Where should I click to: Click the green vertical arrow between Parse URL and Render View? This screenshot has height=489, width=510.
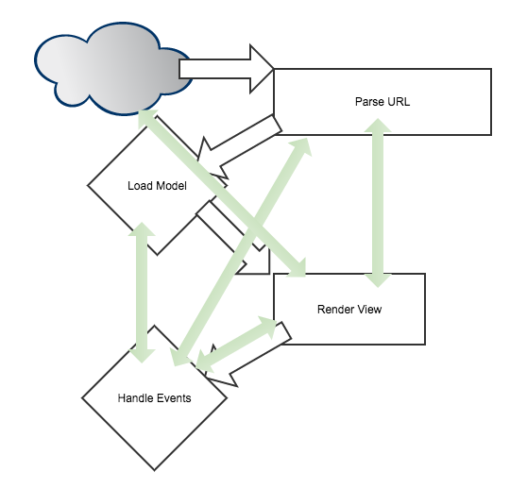(x=380, y=203)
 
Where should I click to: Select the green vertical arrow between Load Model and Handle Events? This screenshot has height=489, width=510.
(x=143, y=293)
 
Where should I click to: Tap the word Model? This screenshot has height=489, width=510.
(x=172, y=185)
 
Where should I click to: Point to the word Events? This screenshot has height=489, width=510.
(x=173, y=397)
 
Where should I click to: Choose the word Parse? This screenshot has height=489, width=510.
(x=369, y=102)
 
